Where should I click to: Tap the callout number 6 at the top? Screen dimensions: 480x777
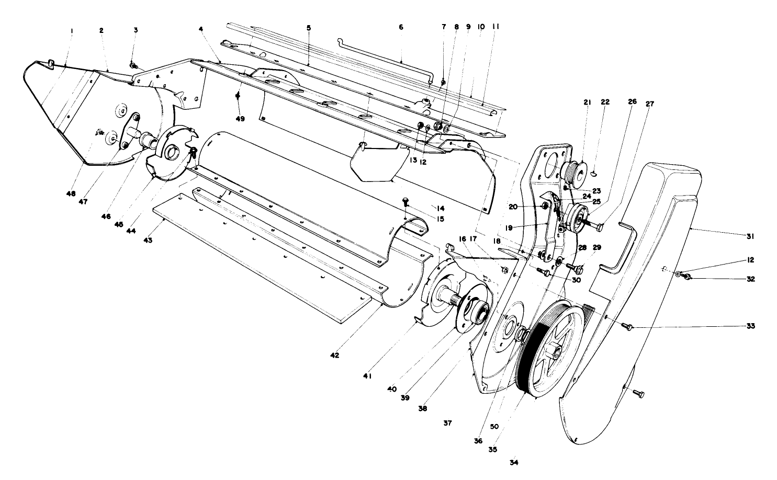tap(401, 27)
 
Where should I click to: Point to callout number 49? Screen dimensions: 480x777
tap(240, 119)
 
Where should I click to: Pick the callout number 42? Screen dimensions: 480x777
tap(335, 356)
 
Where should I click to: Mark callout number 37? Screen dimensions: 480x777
tap(447, 422)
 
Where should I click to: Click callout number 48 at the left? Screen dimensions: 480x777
tap(71, 193)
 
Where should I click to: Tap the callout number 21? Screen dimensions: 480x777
tap(587, 102)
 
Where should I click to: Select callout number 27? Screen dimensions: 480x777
tap(649, 104)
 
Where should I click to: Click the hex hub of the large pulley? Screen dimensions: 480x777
tap(554, 349)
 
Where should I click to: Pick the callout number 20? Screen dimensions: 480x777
tap(513, 207)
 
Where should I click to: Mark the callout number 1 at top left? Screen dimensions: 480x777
tap(72, 30)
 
